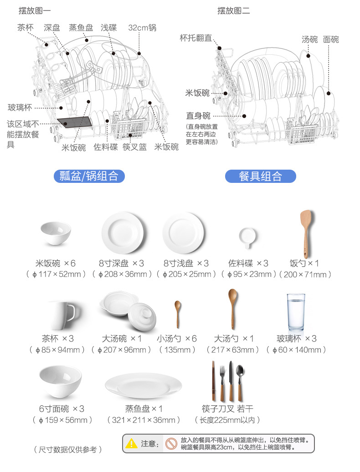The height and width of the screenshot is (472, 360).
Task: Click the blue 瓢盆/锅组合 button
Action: pyautogui.click(x=89, y=176)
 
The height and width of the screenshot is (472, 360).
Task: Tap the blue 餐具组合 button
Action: pyautogui.click(x=260, y=176)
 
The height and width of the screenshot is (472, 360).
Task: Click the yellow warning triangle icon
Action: pyautogui.click(x=132, y=443)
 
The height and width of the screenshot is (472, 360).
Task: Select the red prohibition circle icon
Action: pyautogui.click(x=171, y=443)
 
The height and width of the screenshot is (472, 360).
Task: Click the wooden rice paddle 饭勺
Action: pyautogui.click(x=305, y=233)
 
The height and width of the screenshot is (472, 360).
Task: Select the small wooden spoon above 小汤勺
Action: pyautogui.click(x=177, y=314)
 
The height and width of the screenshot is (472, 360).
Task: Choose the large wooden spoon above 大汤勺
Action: pyautogui.click(x=233, y=308)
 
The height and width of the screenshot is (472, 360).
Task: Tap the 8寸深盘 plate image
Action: pyautogui.click(x=123, y=233)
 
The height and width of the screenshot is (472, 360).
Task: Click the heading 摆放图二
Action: pyautogui.click(x=233, y=10)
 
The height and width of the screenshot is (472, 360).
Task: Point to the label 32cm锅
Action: pyautogui.click(x=142, y=28)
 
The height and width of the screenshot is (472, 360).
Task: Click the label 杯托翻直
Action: pyautogui.click(x=196, y=38)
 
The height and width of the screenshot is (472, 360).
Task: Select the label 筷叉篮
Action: pyautogui.click(x=134, y=147)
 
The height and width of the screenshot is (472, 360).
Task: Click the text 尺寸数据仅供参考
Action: pyautogui.click(x=68, y=450)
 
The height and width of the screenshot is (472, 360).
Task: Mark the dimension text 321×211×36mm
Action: pyautogui.click(x=144, y=420)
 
